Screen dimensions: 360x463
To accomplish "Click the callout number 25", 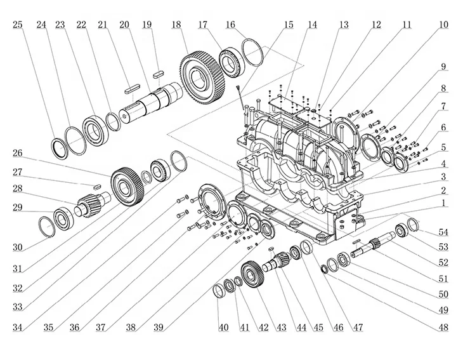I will point(18,25).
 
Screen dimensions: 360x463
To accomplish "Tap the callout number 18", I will point(176,25).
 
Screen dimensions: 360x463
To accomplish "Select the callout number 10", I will point(443,25).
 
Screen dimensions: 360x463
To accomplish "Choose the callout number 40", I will point(223,328).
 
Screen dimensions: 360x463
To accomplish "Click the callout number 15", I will point(289,25).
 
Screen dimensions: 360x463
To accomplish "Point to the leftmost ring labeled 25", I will point(61,148).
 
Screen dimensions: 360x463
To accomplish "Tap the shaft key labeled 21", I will point(131,88).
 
